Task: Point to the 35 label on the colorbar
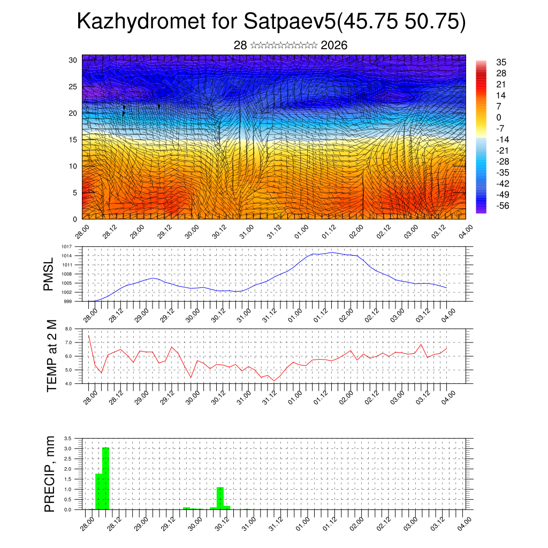501,62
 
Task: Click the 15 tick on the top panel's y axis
73,139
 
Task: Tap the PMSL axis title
49,274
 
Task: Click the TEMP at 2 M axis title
51,356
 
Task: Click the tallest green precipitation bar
105,478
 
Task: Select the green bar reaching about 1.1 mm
220,498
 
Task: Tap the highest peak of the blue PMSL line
332,252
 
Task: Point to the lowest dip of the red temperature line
274,380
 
